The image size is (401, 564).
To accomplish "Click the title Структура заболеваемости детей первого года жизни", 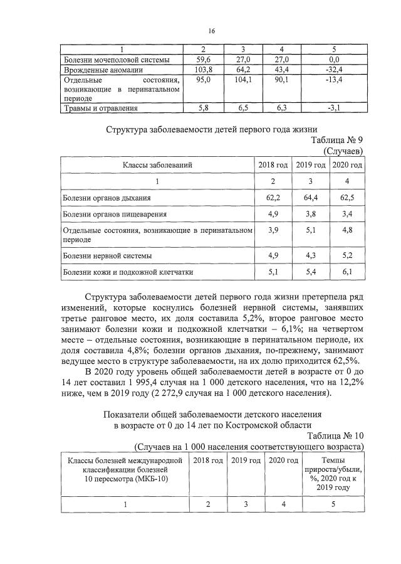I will click(x=212, y=130).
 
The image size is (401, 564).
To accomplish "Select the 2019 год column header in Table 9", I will click(x=310, y=165).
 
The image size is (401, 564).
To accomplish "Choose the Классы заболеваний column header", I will click(x=157, y=165).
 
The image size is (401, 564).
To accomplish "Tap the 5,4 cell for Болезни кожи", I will click(x=310, y=272).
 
